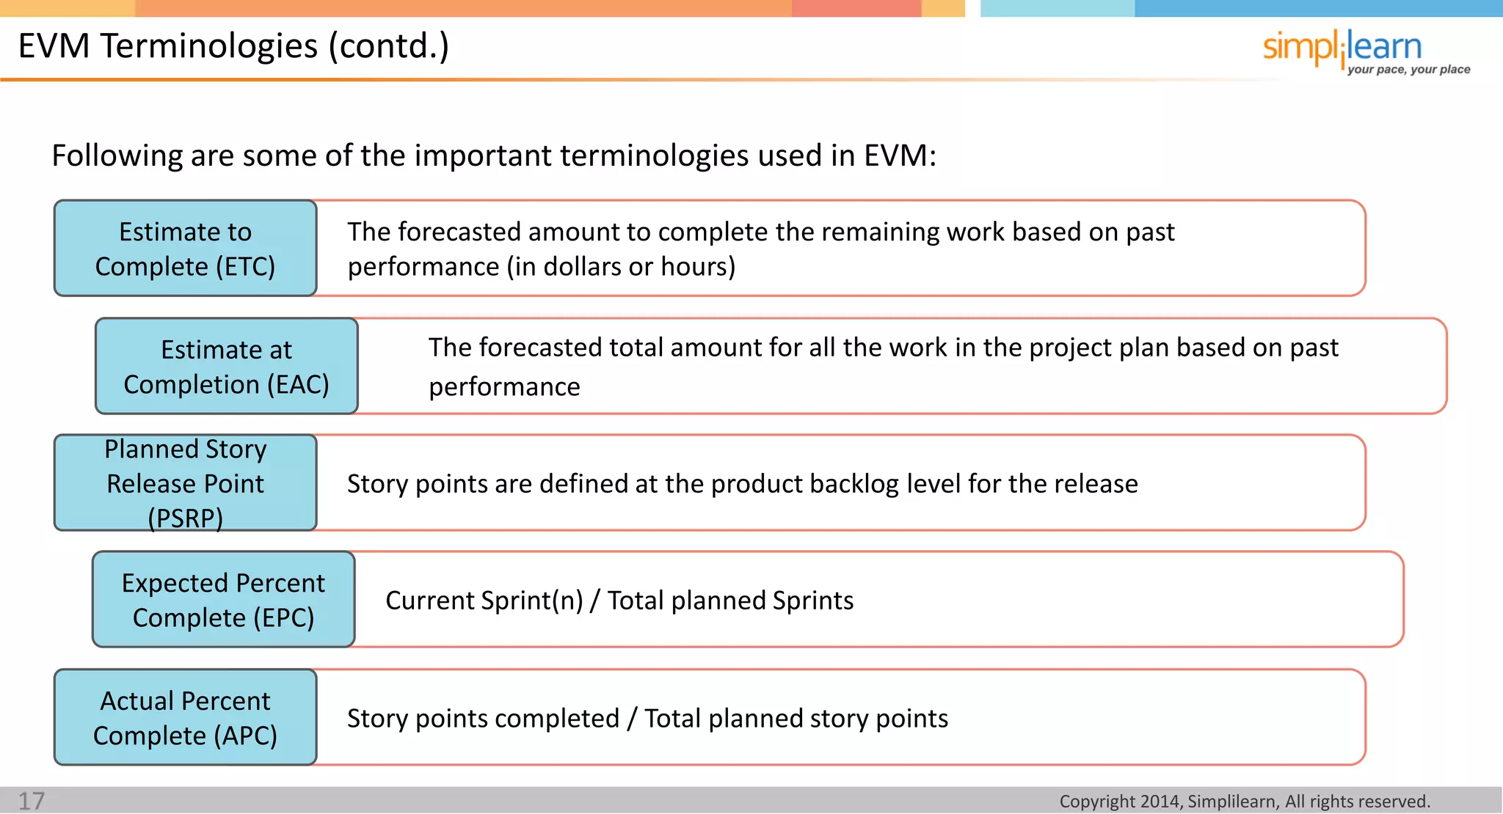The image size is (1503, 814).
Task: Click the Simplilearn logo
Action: (1342, 48)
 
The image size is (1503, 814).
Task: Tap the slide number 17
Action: (32, 801)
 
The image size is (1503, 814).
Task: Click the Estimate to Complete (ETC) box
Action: (186, 249)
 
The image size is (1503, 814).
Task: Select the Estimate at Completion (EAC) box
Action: (227, 367)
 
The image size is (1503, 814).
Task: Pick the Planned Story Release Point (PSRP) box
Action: (186, 483)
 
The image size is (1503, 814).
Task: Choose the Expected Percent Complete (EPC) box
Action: (224, 600)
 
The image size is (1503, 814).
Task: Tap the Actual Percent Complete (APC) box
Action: (186, 718)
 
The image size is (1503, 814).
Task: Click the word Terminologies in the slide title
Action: (209, 46)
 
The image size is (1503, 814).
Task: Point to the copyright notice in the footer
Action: (1245, 802)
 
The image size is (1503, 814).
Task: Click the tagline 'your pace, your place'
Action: (1408, 70)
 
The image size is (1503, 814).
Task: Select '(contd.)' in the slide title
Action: (388, 46)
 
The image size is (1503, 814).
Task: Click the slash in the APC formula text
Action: (632, 719)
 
